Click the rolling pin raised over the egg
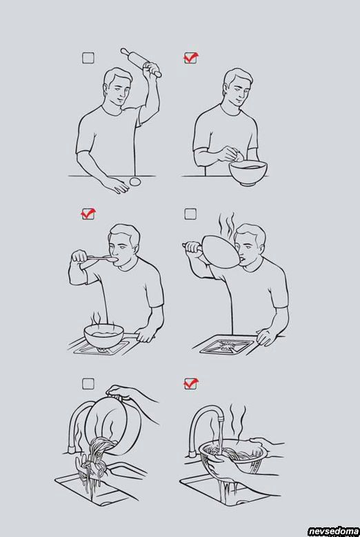point(141,62)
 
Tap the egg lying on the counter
point(135,181)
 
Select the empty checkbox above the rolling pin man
point(88,58)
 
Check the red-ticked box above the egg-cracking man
point(191,57)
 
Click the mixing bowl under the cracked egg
point(248,173)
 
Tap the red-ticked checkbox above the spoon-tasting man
point(88,214)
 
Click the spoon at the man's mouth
point(102,259)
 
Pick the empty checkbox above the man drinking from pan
point(190,214)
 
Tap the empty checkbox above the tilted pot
point(88,383)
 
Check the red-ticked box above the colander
point(191,383)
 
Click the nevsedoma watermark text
point(333,531)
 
